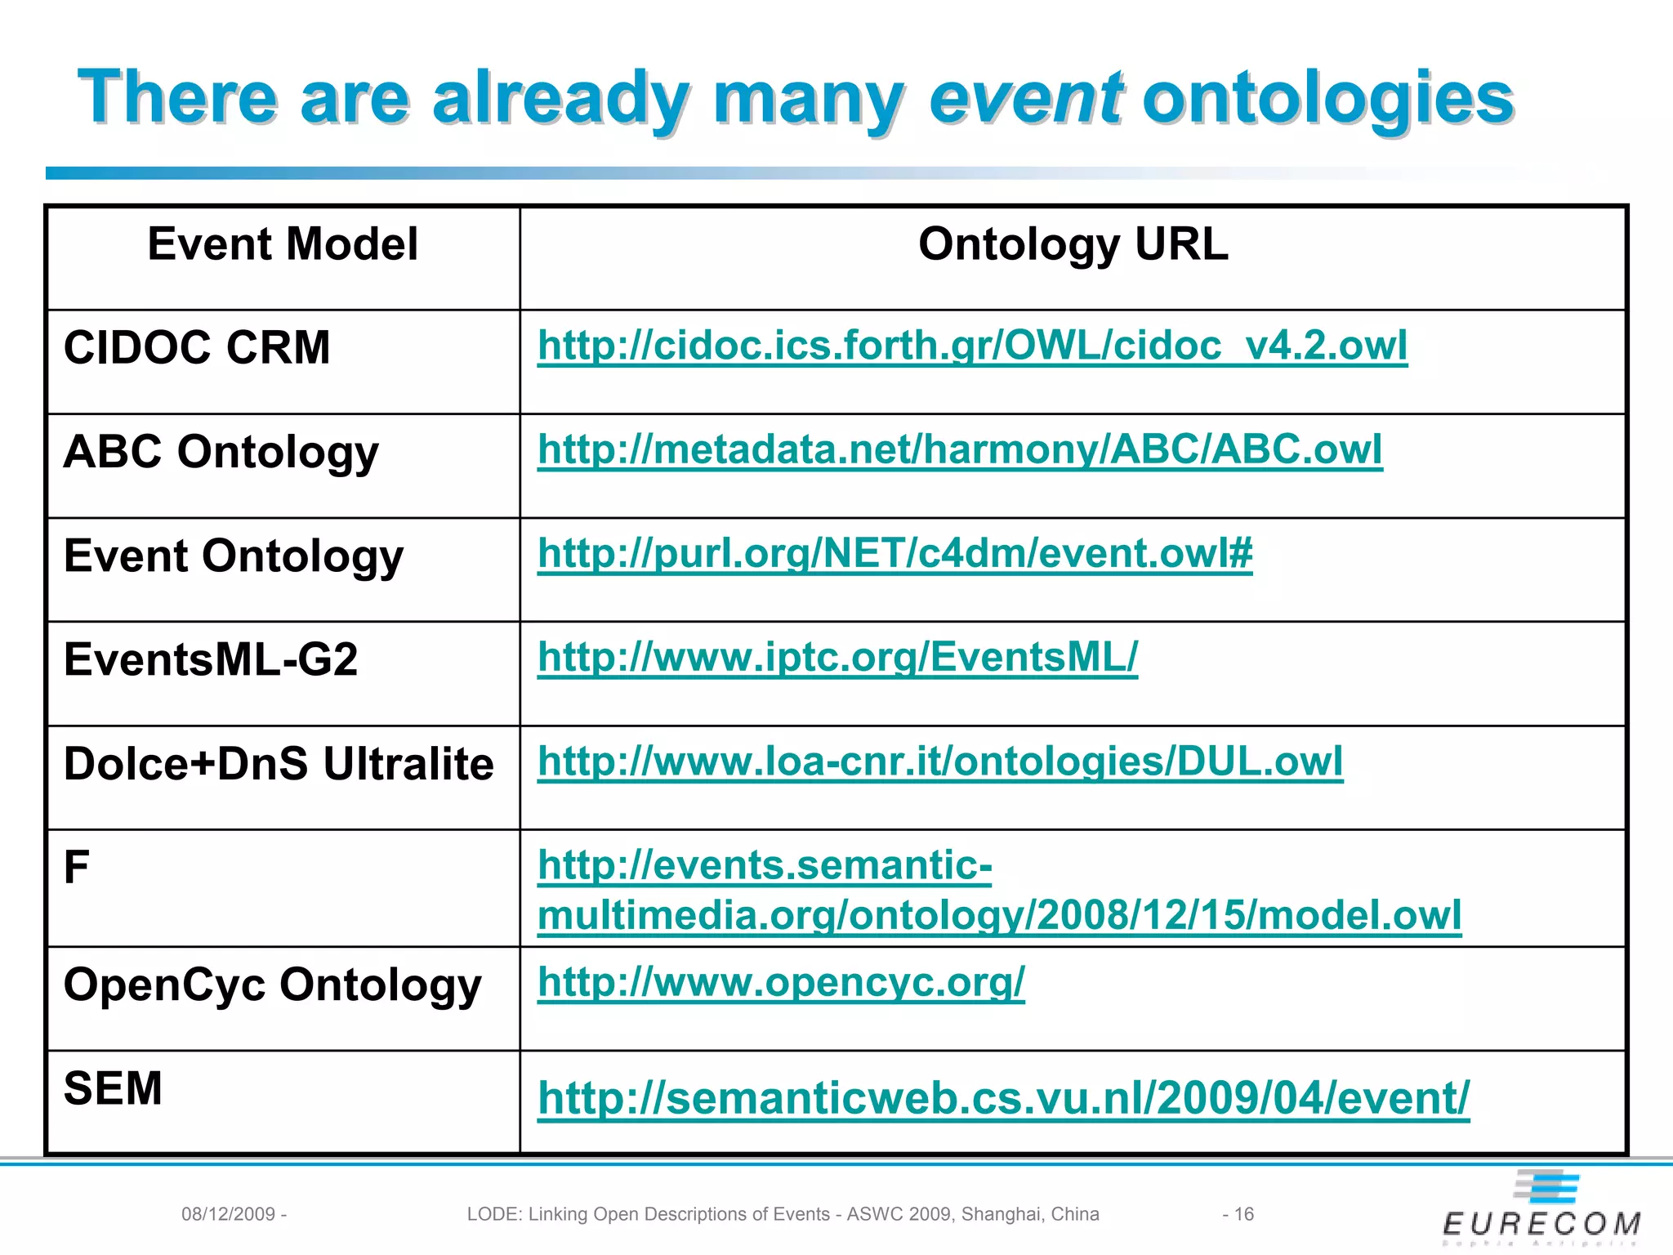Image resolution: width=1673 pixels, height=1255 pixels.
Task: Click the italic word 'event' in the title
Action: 1025,98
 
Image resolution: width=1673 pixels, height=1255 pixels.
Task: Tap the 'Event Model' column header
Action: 283,244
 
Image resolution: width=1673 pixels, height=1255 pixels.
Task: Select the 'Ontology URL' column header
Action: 1073,244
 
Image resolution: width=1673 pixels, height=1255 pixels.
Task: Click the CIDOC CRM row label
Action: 197,347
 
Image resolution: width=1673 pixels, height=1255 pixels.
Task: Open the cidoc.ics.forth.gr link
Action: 972,346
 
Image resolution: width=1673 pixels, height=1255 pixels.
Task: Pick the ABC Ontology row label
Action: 221,452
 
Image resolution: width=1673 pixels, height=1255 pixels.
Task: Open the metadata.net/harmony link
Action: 960,449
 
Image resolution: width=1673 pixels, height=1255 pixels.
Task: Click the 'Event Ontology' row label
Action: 234,556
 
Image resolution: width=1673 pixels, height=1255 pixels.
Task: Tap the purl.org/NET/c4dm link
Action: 894,554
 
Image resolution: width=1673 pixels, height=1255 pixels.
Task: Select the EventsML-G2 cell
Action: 211,660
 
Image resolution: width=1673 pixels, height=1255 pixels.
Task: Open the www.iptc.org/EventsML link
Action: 837,658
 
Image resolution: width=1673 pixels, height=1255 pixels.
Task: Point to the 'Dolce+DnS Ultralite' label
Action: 279,764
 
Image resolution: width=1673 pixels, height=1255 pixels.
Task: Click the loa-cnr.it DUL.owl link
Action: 939,761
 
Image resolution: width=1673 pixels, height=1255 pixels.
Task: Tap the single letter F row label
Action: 76,868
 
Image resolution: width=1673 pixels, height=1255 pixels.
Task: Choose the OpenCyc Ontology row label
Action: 273,985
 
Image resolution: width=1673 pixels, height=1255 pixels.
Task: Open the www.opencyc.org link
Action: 781,982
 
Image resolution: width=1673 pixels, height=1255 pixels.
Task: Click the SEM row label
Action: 113,1088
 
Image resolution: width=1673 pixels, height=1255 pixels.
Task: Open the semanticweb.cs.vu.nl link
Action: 1003,1098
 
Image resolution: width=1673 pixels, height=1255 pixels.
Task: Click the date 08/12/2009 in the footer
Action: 229,1214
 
